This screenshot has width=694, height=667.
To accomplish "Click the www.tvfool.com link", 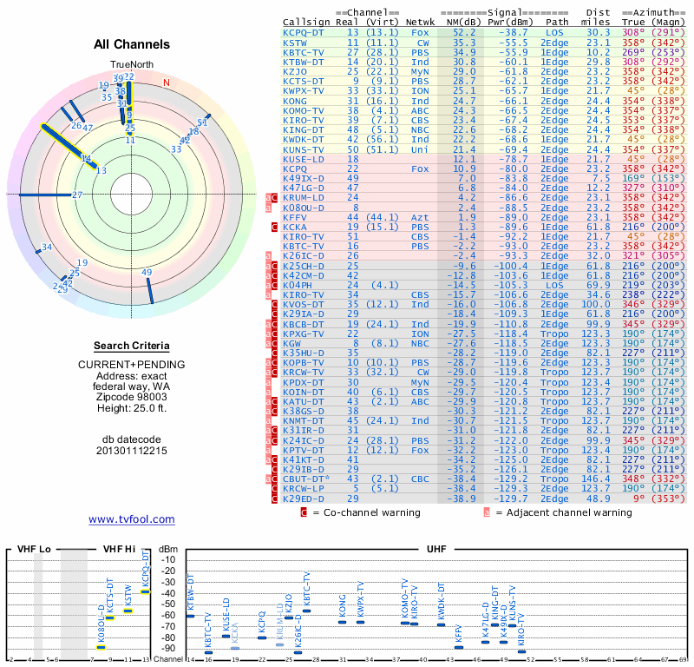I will (x=131, y=519).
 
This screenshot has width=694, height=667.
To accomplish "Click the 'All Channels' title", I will (x=131, y=44).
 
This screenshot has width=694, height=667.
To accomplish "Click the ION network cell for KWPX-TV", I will (x=420, y=90).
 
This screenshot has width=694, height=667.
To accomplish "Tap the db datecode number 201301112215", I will (x=131, y=451).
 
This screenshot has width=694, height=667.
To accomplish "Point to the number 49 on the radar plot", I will (x=147, y=273).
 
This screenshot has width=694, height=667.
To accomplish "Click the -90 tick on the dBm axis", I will (x=169, y=648).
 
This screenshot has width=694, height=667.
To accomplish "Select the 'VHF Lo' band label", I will (x=34, y=549).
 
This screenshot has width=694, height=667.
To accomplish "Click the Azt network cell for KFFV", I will (x=420, y=217).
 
